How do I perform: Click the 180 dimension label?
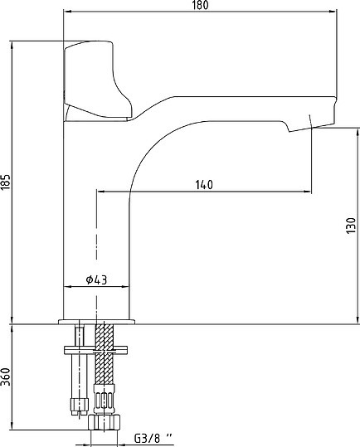click(201, 5)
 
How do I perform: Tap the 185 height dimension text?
click(6, 182)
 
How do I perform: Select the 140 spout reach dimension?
click(204, 185)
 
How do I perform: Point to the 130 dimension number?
click(351, 226)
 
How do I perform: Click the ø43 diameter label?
click(96, 280)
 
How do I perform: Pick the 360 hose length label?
click(6, 377)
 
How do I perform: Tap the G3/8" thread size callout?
click(153, 438)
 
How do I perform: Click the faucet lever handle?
click(97, 80)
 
